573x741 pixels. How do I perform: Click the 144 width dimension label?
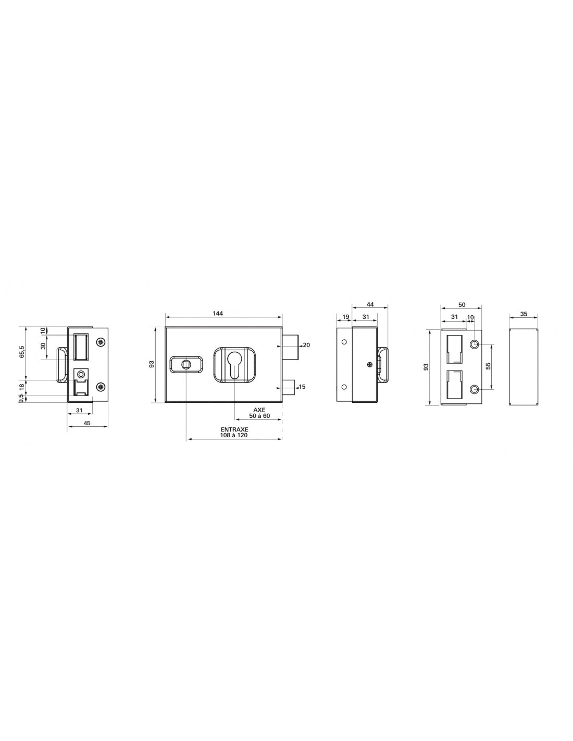pyautogui.click(x=218, y=313)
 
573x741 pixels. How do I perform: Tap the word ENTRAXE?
pyautogui.click(x=234, y=429)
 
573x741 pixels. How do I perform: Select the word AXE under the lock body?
pyautogui.click(x=259, y=410)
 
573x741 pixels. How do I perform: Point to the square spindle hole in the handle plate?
pyautogui.click(x=185, y=364)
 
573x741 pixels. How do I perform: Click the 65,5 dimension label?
pyautogui.click(x=22, y=352)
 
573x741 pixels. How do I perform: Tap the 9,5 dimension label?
pyautogui.click(x=22, y=399)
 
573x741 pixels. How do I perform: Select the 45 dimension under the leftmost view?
pyautogui.click(x=87, y=423)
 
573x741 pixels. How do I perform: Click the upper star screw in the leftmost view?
pyautogui.click(x=101, y=341)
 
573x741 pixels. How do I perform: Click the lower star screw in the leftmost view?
pyautogui.click(x=101, y=386)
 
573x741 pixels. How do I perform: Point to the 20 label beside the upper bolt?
pyautogui.click(x=306, y=345)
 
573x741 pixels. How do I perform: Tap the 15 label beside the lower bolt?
pyautogui.click(x=303, y=386)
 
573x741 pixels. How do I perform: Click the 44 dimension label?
pyautogui.click(x=370, y=304)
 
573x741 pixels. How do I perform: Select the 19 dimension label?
pyautogui.click(x=346, y=317)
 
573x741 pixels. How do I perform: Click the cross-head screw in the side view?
pyautogui.click(x=369, y=364)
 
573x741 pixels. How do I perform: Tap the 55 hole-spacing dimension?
pyautogui.click(x=488, y=366)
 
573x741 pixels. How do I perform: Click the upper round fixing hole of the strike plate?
pyautogui.click(x=474, y=344)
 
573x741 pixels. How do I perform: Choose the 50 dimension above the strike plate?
pyautogui.click(x=462, y=304)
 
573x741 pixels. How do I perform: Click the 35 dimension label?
pyautogui.click(x=524, y=314)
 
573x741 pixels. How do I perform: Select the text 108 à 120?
pyautogui.click(x=234, y=435)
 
